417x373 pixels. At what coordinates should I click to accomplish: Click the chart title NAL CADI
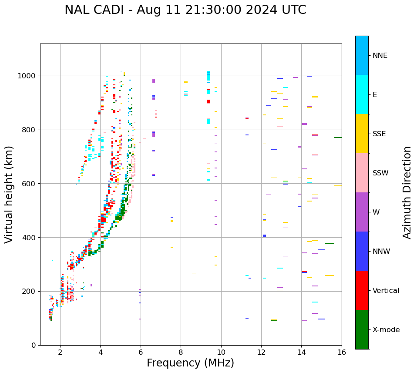pyautogui.click(x=185, y=10)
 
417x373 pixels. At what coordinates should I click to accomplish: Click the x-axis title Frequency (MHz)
pyautogui.click(x=190, y=363)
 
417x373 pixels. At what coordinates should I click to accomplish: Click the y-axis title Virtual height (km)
pyautogui.click(x=9, y=194)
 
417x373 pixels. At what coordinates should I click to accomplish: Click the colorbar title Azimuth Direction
pyautogui.click(x=407, y=192)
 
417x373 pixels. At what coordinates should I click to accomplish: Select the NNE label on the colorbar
pyautogui.click(x=380, y=56)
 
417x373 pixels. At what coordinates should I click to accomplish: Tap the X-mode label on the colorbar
pyautogui.click(x=386, y=330)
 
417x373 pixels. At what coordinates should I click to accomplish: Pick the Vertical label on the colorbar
pyautogui.click(x=386, y=291)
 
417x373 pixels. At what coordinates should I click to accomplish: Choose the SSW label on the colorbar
pyautogui.click(x=380, y=173)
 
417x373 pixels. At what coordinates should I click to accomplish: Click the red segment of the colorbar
pyautogui.click(x=362, y=290)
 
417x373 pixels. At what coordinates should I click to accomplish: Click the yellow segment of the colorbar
pyautogui.click(x=362, y=134)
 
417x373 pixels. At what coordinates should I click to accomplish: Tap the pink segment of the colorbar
pyautogui.click(x=362, y=173)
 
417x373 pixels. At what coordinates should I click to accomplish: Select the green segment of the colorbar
pyautogui.click(x=362, y=329)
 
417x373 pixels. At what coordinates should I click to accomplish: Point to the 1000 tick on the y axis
pyautogui.click(x=28, y=76)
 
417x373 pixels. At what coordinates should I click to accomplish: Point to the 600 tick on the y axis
pyautogui.click(x=30, y=184)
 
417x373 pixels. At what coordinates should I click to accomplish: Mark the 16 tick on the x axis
pyautogui.click(x=342, y=352)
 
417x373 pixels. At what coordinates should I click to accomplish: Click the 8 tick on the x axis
pyautogui.click(x=181, y=352)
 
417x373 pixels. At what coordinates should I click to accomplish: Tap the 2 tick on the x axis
pyautogui.click(x=60, y=352)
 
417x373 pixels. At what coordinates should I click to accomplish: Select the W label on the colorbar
pyautogui.click(x=376, y=212)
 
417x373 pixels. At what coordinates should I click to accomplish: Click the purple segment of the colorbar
pyautogui.click(x=362, y=212)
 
